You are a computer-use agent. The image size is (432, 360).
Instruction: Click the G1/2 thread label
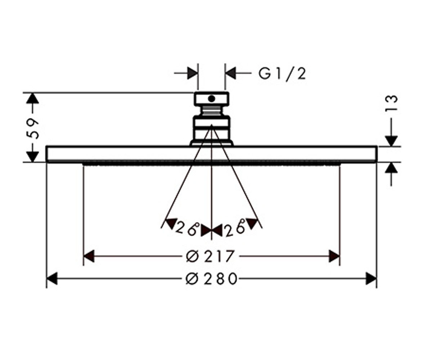pyautogui.click(x=282, y=74)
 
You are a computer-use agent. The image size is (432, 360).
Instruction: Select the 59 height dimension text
pyautogui.click(x=33, y=129)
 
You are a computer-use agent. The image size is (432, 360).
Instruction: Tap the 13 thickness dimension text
pyautogui.click(x=391, y=103)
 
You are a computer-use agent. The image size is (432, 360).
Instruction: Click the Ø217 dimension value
pyautogui.click(x=210, y=256)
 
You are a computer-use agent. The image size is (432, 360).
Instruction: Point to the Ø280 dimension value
pyautogui.click(x=211, y=279)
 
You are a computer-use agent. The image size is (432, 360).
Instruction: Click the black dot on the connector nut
pyautogui.click(x=211, y=99)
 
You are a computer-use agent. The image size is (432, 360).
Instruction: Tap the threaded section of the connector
pyautogui.click(x=211, y=111)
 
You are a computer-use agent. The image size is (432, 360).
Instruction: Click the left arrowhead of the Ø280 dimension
pyautogui.click(x=52, y=279)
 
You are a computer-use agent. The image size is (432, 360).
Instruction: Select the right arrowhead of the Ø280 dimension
pyautogui.click(x=371, y=279)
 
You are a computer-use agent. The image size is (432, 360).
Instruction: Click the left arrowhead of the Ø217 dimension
pyautogui.click(x=89, y=256)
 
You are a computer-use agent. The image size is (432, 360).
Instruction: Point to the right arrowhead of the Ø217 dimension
pyautogui.click(x=334, y=256)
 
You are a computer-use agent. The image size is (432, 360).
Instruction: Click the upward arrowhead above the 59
pyautogui.click(x=32, y=99)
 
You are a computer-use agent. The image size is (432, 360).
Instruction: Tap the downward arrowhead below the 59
pyautogui.click(x=32, y=157)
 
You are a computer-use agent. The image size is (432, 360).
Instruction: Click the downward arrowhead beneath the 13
pyautogui.click(x=391, y=141)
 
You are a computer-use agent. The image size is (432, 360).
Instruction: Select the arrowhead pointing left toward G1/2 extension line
pyautogui.click(x=230, y=73)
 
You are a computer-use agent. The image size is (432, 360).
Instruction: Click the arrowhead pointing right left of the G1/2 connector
pyautogui.click(x=193, y=73)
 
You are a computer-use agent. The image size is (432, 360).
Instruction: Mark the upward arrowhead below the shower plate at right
pyautogui.click(x=391, y=168)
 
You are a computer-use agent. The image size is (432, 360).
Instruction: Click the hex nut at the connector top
pyautogui.click(x=211, y=99)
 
